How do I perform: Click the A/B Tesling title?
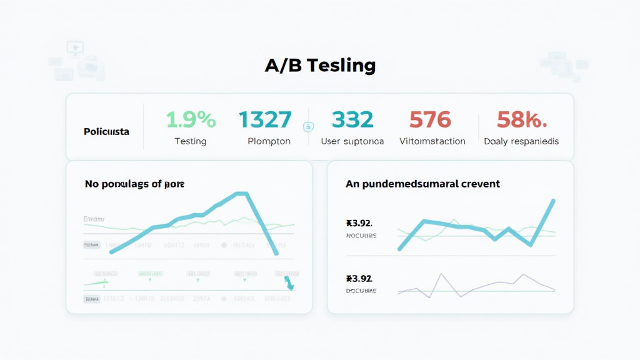pos(320,65)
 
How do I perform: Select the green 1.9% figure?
pos(191,119)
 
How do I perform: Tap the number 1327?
pos(265,119)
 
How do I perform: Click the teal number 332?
pos(352,119)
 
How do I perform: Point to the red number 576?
pos(430,119)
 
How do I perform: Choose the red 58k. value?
pos(521,119)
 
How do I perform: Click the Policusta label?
pos(106,132)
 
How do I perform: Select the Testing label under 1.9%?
pos(191,141)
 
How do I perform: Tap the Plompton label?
pos(269,141)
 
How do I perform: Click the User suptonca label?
pos(352,141)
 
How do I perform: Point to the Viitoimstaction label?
pos(432,141)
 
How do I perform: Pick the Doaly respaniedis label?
pos(521,141)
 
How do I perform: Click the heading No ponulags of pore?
pos(134,184)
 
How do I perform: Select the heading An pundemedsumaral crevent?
pos(422,184)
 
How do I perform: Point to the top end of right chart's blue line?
pos(554,201)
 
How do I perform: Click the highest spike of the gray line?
pos(441,274)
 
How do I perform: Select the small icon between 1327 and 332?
pos(307,127)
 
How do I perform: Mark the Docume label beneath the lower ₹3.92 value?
pos(361,291)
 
